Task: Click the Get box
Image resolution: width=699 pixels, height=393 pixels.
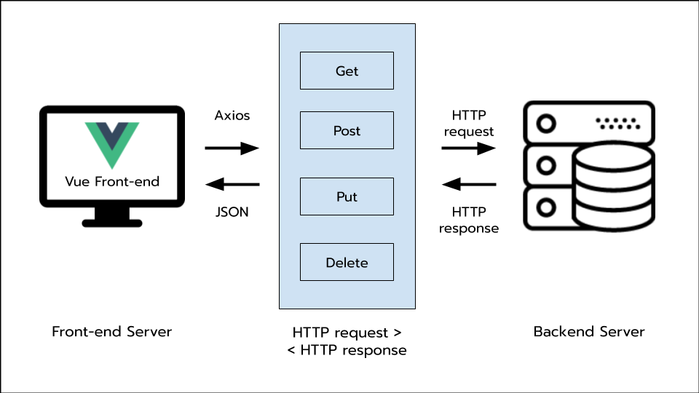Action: (x=347, y=71)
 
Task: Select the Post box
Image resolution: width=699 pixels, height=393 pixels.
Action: (x=347, y=130)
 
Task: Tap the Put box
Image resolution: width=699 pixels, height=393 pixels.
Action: (x=347, y=196)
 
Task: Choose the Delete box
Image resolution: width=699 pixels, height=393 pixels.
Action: (x=347, y=262)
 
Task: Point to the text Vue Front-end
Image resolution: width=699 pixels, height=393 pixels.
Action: (x=111, y=181)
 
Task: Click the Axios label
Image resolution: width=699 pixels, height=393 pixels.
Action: (x=232, y=116)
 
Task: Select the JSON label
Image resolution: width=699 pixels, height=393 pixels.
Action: (x=232, y=213)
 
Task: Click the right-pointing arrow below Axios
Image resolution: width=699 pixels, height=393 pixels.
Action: (x=232, y=148)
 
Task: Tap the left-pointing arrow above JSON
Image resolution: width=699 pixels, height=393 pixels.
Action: (x=232, y=184)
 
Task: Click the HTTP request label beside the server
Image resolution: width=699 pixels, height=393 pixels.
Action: (x=469, y=124)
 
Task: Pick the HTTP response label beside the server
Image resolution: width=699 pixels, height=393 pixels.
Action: (x=469, y=220)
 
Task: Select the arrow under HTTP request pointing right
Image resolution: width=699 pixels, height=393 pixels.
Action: (x=469, y=148)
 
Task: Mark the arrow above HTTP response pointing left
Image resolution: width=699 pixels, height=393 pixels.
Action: (x=469, y=184)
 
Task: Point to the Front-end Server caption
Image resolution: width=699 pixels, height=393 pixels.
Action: (x=111, y=332)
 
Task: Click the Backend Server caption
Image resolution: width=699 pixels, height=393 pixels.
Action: (x=589, y=332)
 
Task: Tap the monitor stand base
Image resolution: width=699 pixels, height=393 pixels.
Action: (x=111, y=221)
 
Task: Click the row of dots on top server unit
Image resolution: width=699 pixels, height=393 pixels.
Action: (x=617, y=124)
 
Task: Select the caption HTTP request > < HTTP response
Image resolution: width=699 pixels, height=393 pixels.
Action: (x=347, y=341)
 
